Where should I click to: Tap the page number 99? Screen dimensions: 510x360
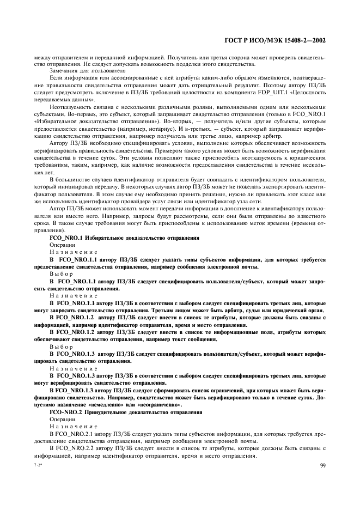click(x=323, y=465)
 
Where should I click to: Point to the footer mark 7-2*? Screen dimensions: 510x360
click(x=37, y=465)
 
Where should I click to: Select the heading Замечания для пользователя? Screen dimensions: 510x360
click(x=80, y=71)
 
